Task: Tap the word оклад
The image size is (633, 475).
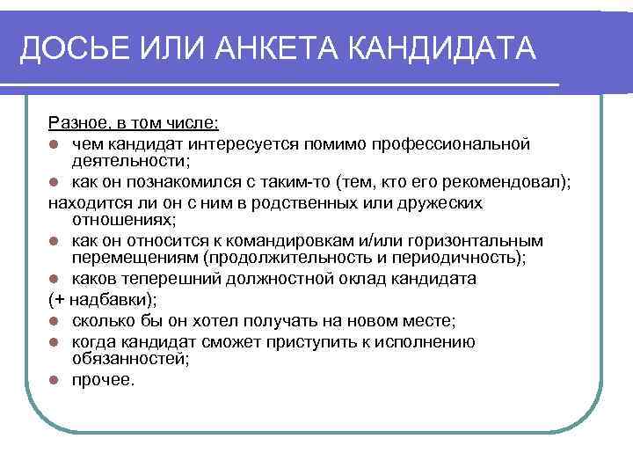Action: (x=360, y=279)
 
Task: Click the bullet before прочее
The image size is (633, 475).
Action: (x=55, y=381)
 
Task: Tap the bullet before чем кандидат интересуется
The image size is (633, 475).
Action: (x=55, y=142)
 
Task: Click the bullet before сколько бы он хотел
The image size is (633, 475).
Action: (x=55, y=321)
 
